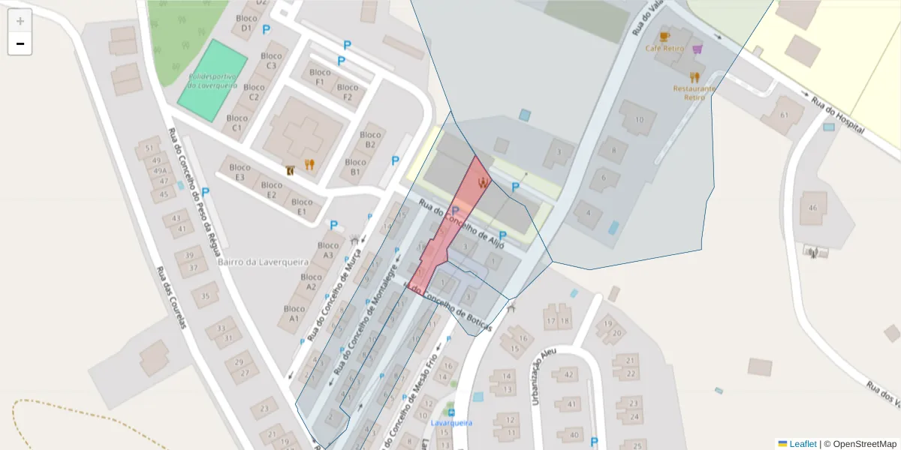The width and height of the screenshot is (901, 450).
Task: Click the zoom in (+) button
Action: coord(20,21)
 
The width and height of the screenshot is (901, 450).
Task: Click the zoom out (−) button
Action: coord(20,43)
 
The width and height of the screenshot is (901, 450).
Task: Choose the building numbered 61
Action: coord(785,115)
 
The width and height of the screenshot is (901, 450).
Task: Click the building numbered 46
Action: coord(812,208)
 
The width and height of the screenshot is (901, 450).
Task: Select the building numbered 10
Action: coord(639,119)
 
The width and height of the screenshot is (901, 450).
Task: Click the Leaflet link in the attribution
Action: coord(803,444)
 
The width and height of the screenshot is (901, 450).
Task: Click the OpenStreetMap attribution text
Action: coord(860,444)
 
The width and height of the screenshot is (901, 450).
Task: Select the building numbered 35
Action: coord(205,295)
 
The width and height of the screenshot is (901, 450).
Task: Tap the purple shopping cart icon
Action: coord(698,49)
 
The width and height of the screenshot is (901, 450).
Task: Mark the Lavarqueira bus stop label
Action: coord(451,423)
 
